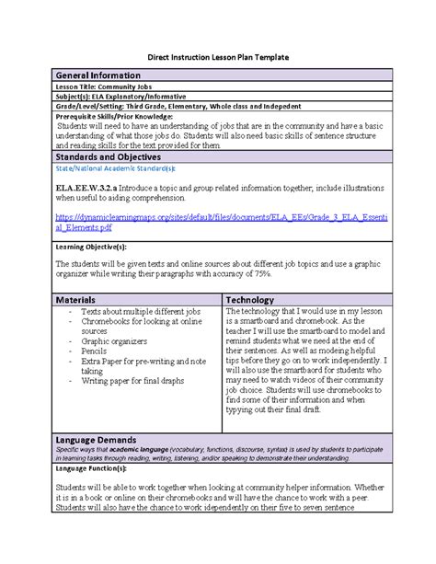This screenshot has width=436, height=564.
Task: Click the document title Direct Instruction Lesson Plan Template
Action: click(x=218, y=58)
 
